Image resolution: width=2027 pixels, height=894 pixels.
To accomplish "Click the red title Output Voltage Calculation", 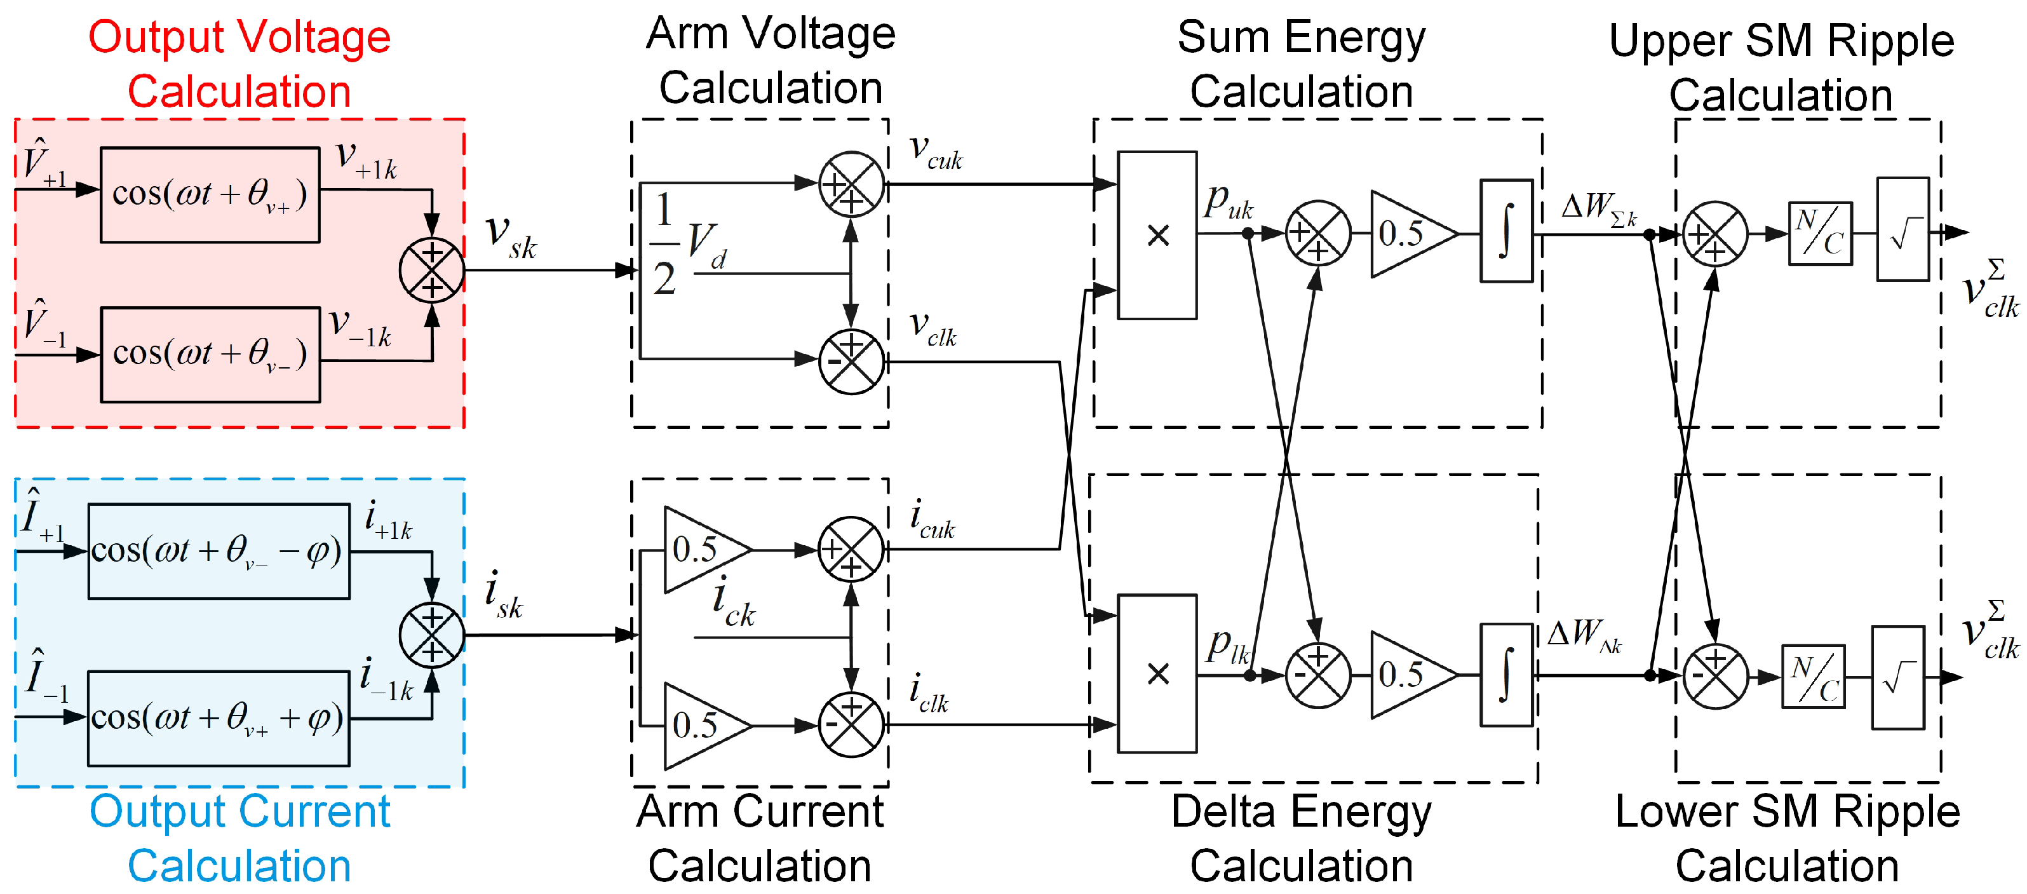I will pyautogui.click(x=239, y=65).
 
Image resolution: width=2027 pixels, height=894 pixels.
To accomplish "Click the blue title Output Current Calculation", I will pyautogui.click(x=239, y=839).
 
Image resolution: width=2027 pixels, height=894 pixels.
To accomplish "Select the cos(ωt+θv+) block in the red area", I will pyautogui.click(x=210, y=194).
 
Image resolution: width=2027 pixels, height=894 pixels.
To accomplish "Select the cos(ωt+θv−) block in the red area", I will pyautogui.click(x=210, y=354).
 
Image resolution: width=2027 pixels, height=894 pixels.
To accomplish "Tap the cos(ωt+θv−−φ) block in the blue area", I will pyautogui.click(x=218, y=551).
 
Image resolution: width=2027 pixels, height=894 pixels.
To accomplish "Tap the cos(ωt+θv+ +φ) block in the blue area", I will pyautogui.click(x=218, y=718).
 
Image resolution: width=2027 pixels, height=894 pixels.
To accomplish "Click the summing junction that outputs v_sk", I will pyautogui.click(x=432, y=270).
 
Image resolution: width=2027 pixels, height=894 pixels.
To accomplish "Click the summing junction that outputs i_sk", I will pyautogui.click(x=432, y=635).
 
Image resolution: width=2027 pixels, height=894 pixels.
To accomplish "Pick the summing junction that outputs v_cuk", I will pyautogui.click(x=851, y=184).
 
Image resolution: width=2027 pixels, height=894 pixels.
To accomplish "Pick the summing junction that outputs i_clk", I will pyautogui.click(x=851, y=724).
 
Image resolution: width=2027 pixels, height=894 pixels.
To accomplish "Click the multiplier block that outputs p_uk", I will pyautogui.click(x=1157, y=234).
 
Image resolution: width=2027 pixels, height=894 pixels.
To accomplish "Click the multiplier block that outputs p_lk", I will pyautogui.click(x=1157, y=674).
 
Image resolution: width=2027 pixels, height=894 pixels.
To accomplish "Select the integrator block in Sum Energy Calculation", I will pyautogui.click(x=1506, y=231).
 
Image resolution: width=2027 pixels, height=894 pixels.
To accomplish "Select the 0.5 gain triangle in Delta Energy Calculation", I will pyautogui.click(x=1408, y=674).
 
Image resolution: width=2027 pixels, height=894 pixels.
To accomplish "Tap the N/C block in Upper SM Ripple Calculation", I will pyautogui.click(x=1820, y=234).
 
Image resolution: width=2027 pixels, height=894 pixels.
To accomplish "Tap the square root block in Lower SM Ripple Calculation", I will pyautogui.click(x=1898, y=677).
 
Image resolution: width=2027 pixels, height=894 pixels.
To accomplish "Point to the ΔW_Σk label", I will pyautogui.click(x=1598, y=208).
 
